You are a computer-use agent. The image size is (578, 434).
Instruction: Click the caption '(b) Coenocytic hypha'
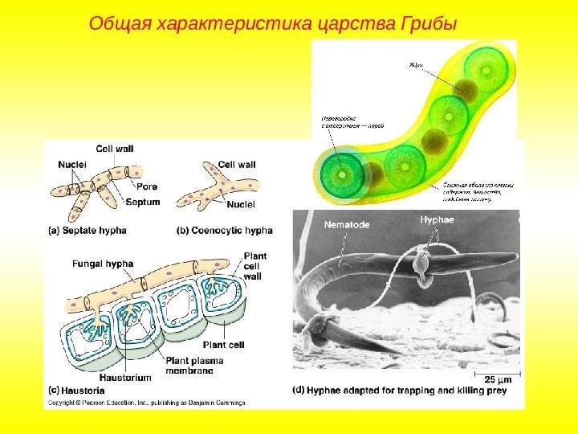[225, 230]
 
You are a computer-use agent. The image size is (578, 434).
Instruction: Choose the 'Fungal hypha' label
[103, 263]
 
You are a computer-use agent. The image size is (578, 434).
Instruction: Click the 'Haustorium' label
[124, 376]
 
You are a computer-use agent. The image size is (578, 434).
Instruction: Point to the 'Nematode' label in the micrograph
[347, 225]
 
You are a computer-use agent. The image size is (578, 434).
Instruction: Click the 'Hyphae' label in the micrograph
[438, 219]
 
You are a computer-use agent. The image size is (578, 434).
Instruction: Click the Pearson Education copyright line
[144, 401]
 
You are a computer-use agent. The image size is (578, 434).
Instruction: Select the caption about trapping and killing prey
[405, 390]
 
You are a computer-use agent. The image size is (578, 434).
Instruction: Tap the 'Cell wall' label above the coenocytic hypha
[237, 164]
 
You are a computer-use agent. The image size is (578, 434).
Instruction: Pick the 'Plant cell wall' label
[253, 265]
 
